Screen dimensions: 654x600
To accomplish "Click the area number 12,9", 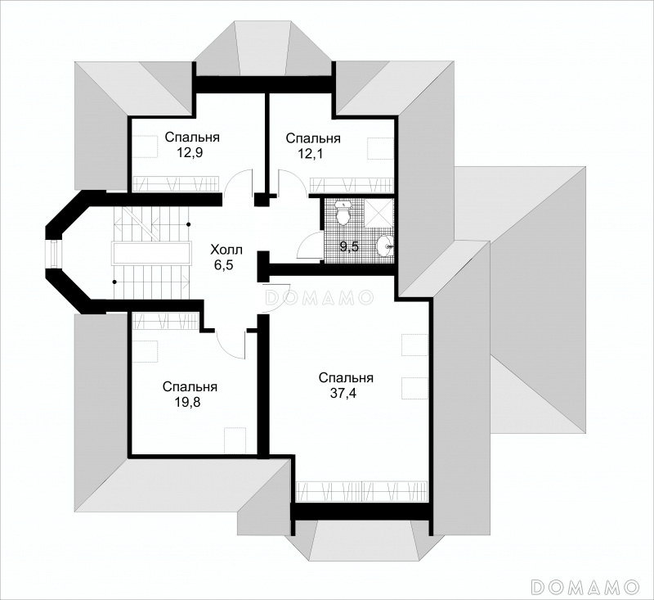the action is [191, 153].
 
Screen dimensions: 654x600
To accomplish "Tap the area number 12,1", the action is [311, 154].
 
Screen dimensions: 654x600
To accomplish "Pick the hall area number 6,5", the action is [224, 265].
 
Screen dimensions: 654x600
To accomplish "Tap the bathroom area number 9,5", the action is [350, 246].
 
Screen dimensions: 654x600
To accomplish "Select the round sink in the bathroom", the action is [385, 246].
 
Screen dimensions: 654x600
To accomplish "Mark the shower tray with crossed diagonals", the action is [379, 213].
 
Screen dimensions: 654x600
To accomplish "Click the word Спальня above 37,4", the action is [346, 378].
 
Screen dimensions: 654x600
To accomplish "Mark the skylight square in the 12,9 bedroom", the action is [146, 147].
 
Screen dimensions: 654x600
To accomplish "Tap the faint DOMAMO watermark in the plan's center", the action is [319, 297].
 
